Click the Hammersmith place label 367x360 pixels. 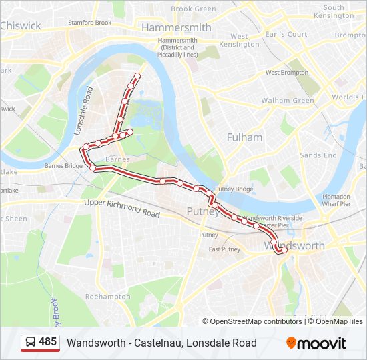point(176,28)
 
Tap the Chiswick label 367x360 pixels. point(21,26)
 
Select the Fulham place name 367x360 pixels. point(244,137)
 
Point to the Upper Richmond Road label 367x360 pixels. point(122,209)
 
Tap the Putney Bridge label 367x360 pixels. point(234,189)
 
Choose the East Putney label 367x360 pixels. point(224,249)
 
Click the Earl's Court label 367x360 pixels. point(288,34)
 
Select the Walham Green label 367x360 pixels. point(288,101)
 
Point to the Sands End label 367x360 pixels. point(318,155)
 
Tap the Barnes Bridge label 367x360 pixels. point(63,166)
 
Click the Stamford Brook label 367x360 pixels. point(90,22)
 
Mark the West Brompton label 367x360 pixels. point(286,72)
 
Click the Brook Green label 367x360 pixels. point(194,9)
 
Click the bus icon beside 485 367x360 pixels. point(31,343)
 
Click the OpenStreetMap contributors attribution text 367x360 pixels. point(255,321)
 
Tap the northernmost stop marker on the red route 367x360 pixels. point(138,75)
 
